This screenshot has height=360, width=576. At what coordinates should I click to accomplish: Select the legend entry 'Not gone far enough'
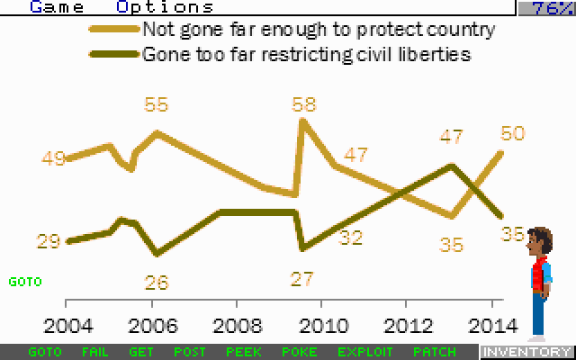coord(319,29)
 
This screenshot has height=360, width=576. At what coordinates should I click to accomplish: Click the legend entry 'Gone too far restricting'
coord(307,53)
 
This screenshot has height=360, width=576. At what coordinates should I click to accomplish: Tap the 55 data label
coord(157,104)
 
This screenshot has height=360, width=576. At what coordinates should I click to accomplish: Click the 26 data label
coord(157,282)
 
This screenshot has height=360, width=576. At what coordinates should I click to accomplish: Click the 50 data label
coord(513,133)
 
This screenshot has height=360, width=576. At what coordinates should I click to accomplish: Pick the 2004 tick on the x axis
coord(67,324)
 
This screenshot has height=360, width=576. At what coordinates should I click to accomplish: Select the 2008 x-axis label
coord(238,324)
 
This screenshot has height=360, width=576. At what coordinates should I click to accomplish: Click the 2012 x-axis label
coord(407,324)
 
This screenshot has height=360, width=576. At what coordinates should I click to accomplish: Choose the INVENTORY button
coord(526,352)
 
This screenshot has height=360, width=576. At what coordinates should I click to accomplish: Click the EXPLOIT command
coord(365,352)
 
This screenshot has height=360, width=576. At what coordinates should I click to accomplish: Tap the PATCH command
coord(434,352)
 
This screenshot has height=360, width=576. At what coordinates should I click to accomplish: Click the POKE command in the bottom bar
coord(300,352)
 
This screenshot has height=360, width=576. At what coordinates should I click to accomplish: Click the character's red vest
coord(540,274)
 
